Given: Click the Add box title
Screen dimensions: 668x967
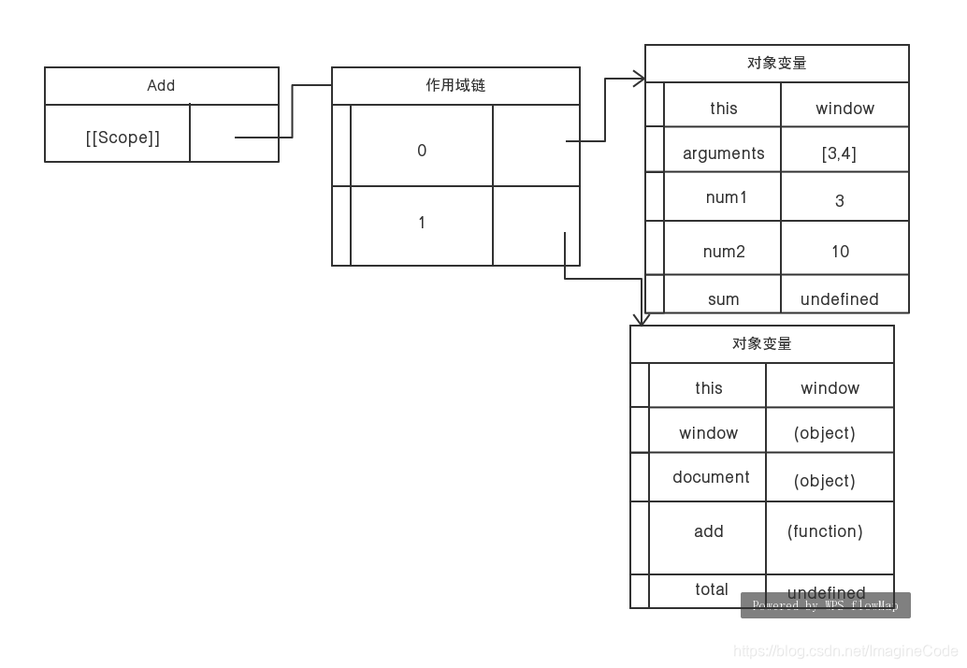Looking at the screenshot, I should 161,85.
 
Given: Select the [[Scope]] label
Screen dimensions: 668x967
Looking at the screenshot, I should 123,138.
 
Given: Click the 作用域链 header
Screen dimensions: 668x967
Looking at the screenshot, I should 455,85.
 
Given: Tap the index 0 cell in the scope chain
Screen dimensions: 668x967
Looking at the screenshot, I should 422,151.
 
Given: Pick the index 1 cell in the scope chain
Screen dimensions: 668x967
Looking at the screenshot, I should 422,223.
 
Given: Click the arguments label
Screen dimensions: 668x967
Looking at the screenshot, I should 723,153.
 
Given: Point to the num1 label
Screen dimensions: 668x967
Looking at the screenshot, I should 726,198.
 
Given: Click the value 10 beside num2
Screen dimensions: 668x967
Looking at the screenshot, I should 840,252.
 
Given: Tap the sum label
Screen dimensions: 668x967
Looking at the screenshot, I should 723,299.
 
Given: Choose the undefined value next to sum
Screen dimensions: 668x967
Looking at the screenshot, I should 839,299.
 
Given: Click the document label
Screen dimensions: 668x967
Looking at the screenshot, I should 711,477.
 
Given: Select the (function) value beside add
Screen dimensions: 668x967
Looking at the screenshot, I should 825,531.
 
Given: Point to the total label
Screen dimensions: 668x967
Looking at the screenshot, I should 711,589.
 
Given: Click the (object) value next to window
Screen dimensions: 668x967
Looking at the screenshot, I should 824,433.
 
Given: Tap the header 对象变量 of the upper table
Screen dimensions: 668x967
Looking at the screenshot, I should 776,64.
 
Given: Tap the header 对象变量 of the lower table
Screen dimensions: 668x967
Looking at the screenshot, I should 761,344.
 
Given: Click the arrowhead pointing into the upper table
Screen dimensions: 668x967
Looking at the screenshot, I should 641,79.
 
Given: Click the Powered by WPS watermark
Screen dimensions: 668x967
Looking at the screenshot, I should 825,605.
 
